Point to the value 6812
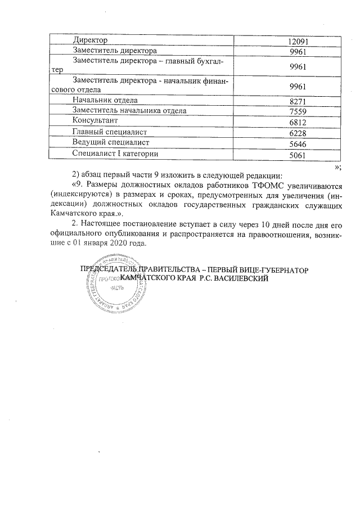point(296,123)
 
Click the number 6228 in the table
point(296,133)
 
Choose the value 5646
point(296,144)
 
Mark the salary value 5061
point(296,155)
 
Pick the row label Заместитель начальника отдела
point(129,111)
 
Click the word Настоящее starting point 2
point(102,224)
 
